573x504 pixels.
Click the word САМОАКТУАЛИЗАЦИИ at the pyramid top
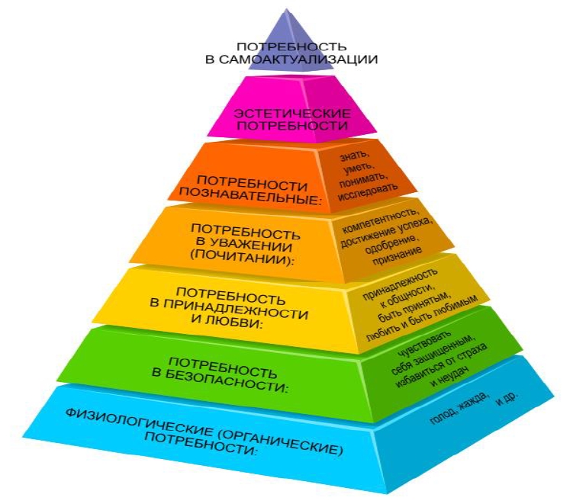click(x=298, y=59)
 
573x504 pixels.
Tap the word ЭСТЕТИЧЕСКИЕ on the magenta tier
click(x=292, y=113)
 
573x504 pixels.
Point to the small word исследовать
click(x=368, y=191)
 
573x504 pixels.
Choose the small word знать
click(x=355, y=156)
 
